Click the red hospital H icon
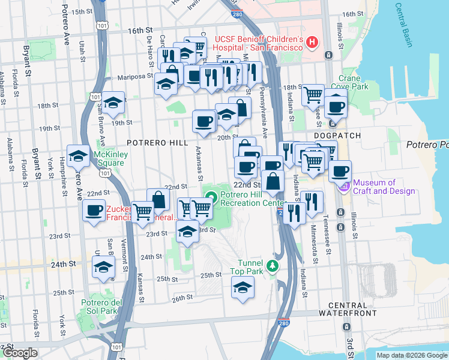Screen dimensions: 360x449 pyautogui.click(x=312, y=42)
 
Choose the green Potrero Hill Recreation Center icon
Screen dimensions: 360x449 pyautogui.click(x=211, y=196)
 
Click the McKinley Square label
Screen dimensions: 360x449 pyautogui.click(x=109, y=158)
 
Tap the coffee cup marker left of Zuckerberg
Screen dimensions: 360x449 pyautogui.click(x=94, y=211)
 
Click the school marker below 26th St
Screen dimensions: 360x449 pyautogui.click(x=243, y=289)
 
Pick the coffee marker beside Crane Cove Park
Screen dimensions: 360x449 pyautogui.click(x=336, y=106)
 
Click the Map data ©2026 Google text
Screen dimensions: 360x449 pyautogui.click(x=411, y=355)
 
